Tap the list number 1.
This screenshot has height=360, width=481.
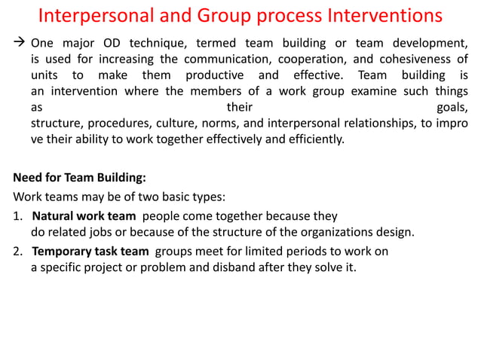tap(17, 215)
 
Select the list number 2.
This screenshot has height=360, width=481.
tap(17, 250)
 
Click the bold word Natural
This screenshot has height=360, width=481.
tap(55, 215)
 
